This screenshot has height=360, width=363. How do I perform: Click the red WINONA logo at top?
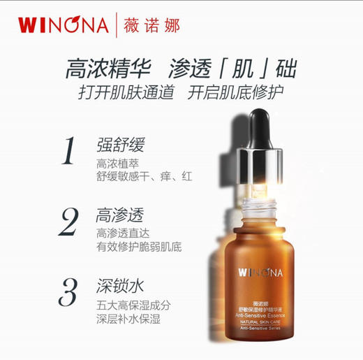pos(63,25)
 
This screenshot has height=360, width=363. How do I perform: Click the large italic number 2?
pos(68,222)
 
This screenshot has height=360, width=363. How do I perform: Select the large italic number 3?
pos(68,291)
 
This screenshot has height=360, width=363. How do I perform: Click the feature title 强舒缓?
pos(120,145)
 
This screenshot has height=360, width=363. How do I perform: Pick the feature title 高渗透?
pos(120,215)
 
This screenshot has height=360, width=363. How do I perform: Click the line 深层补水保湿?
pos(128,319)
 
